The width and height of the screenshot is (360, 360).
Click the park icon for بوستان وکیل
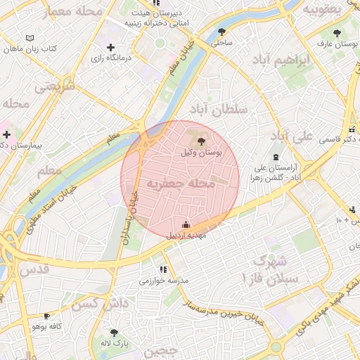[202, 142]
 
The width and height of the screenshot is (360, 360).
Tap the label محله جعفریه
[180, 184]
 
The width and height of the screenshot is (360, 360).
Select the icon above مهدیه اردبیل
[186, 225]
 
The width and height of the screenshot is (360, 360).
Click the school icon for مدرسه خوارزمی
[163, 269]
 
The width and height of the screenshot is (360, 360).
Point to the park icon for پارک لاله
[115, 333]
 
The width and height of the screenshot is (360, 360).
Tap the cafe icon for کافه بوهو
[46, 316]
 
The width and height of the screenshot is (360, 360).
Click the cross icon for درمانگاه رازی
[110, 48]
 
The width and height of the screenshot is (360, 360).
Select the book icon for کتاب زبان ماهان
[29, 38]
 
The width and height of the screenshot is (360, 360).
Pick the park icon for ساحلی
[222, 32]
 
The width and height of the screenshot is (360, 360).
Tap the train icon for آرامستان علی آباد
[275, 157]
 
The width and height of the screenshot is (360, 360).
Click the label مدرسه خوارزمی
[164, 281]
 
